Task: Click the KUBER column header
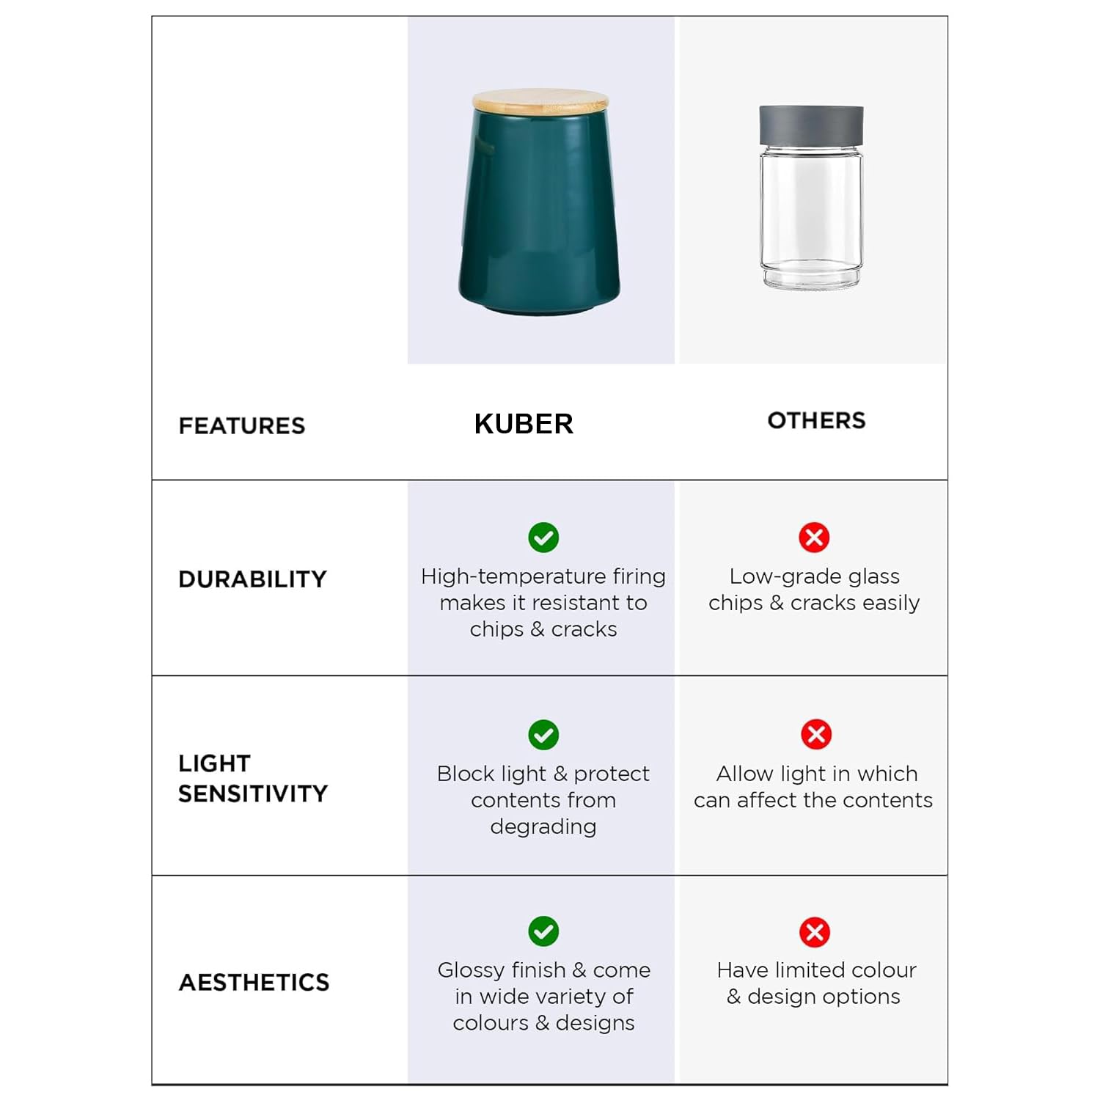pos(524,424)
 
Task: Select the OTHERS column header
pos(816,420)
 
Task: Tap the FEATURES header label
pos(241,425)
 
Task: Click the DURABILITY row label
pos(252,579)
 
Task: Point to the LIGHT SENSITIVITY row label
pos(252,778)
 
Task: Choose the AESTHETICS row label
pos(254,983)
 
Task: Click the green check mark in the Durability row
pos(543,538)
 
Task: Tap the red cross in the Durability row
pos(814,538)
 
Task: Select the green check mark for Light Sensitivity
pos(543,735)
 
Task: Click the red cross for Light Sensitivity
pos(815,734)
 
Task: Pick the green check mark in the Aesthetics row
pos(543,931)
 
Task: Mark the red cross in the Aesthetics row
pos(815,932)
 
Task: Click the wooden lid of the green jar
pos(540,101)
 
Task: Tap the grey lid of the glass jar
pos(811,125)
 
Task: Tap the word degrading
pos(543,827)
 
